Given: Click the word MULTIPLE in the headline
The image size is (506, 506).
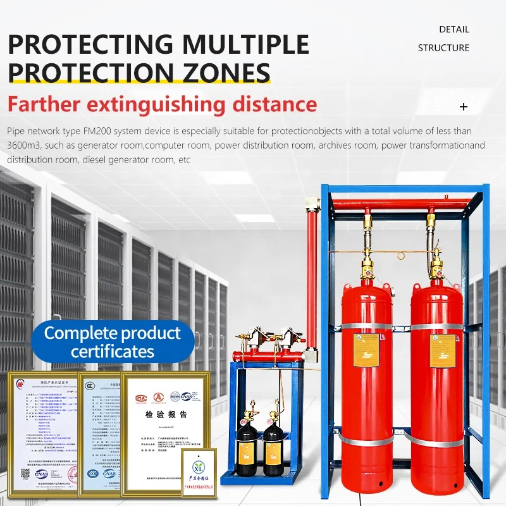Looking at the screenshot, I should click(x=244, y=44).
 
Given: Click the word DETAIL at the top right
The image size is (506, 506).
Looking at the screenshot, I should click(x=454, y=29).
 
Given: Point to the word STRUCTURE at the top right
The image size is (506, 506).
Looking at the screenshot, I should click(x=443, y=47).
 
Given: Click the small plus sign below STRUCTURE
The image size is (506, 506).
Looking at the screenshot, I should click(x=464, y=107).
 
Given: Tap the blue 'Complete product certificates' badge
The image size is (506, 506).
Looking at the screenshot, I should click(x=113, y=342).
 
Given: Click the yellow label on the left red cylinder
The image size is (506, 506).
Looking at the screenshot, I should click(x=366, y=350).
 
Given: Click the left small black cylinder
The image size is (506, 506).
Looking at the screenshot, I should click(x=245, y=447).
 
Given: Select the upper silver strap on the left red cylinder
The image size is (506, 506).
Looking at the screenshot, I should click(x=367, y=326).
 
